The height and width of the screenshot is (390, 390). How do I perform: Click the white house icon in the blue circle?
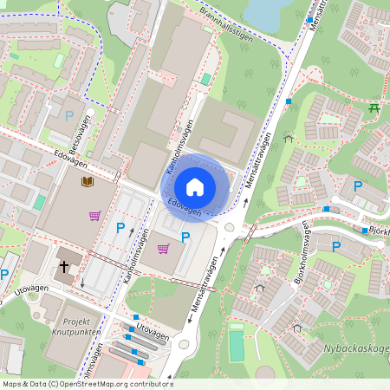tap(195, 186)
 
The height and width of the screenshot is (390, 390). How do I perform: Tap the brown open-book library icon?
tap(87, 182)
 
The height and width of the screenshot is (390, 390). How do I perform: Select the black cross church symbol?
tap(65, 268)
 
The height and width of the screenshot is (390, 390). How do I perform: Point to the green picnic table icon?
tap(374, 108)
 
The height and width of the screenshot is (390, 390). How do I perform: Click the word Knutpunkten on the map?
tap(76, 332)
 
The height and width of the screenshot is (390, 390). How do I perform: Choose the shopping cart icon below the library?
tap(94, 215)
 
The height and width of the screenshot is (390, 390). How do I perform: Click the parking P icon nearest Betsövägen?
tap(69, 114)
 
